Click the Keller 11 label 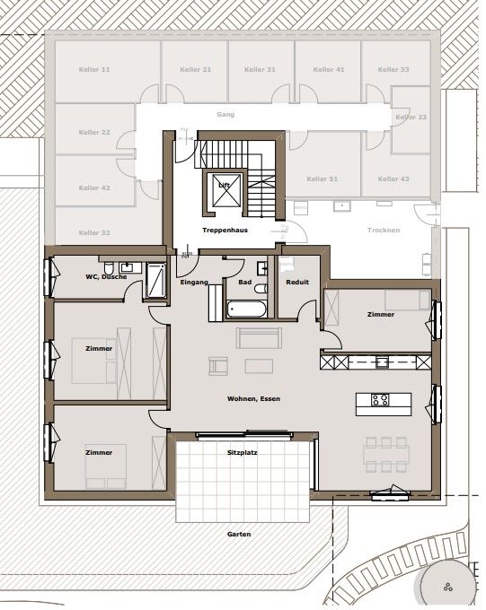(93, 69)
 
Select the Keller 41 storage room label (327, 69)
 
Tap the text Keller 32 (93, 232)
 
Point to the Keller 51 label (321, 179)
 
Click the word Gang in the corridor (225, 115)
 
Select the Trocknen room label (384, 230)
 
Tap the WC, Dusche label (106, 276)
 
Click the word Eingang (194, 283)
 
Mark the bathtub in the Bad (246, 309)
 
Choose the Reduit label (297, 283)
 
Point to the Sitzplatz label (243, 453)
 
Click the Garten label (239, 534)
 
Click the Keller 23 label (411, 117)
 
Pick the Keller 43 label (393, 179)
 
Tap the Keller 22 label (93, 132)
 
